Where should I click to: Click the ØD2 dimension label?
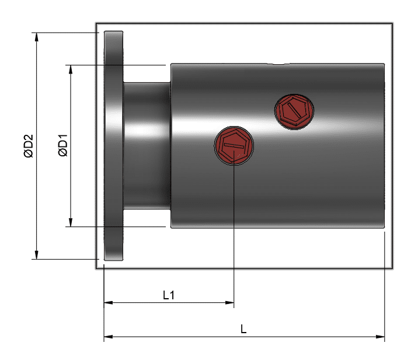29,146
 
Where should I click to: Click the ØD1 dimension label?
63,145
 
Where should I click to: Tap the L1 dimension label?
169,295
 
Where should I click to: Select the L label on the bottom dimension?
243,329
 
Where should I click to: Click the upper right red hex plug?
294,111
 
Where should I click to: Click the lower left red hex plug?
234,145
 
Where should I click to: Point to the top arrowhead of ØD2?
37,37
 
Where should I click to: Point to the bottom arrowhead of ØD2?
37,255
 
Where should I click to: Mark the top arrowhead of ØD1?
71,69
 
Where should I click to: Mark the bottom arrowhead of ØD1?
71,222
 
